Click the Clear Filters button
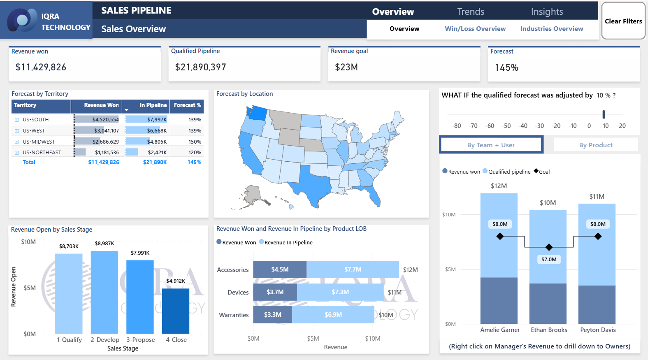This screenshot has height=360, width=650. point(623,21)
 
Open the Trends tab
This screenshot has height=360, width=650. point(471,12)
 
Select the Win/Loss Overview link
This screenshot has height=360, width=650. point(475,29)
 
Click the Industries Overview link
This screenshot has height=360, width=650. point(551,29)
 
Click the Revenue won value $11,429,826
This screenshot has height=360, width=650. point(41,67)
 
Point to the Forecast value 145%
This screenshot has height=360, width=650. point(506,67)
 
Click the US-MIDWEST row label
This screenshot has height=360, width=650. point(39,142)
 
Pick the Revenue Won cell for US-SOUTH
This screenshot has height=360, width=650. point(105,119)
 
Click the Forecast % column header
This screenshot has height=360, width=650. point(187,105)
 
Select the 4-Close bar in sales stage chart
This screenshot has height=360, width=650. point(176,311)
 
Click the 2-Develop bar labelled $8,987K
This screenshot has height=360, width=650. point(104,292)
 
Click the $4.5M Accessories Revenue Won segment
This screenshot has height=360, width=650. point(280,269)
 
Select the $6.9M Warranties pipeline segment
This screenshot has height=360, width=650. point(333,315)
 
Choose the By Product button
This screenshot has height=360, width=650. point(595,145)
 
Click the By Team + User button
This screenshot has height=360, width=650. point(491,145)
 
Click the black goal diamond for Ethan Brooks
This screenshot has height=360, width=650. point(549,247)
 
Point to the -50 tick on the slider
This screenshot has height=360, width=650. point(506,126)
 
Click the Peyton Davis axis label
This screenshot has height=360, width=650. point(598,330)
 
